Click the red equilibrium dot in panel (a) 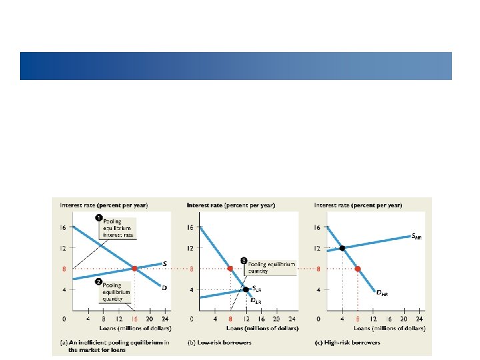point(134,269)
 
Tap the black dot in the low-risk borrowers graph point(245,289)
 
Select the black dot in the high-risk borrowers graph point(342,248)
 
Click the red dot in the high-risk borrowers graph point(357,269)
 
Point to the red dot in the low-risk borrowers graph point(231,269)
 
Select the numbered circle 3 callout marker point(243,259)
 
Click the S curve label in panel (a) point(165,263)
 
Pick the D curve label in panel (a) point(165,287)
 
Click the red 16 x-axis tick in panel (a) point(134,319)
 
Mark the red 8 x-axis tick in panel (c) point(357,319)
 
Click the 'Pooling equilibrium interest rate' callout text point(117,229)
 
